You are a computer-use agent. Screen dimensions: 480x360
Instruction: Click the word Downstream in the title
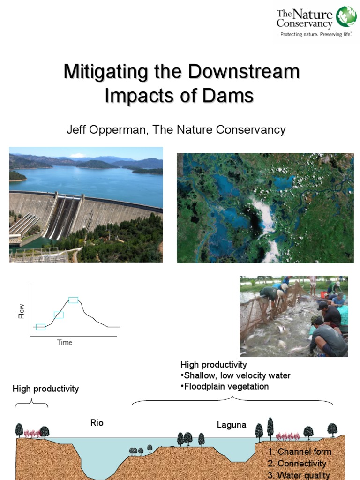point(244,72)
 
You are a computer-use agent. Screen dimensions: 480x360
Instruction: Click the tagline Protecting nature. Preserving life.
point(312,34)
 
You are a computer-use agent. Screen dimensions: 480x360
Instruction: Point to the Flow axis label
point(22,311)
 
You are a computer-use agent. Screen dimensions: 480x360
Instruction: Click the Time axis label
point(64,342)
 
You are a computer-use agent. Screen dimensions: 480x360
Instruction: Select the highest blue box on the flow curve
point(73,300)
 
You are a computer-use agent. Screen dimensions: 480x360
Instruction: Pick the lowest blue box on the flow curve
point(41,327)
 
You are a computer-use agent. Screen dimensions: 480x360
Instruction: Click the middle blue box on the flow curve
point(59,315)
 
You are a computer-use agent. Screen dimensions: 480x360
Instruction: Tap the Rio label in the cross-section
point(97,423)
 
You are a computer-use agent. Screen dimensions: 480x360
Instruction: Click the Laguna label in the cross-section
point(232,425)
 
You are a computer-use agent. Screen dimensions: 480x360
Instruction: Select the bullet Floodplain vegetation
point(225,387)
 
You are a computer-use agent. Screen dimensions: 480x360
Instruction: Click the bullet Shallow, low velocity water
point(235,375)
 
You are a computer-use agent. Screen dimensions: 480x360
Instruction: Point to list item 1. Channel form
point(300,452)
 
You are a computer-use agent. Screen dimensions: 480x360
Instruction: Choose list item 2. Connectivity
point(297,464)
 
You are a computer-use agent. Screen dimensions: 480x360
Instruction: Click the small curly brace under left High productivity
point(31,403)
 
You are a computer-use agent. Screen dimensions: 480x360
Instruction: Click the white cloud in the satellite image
point(265,220)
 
